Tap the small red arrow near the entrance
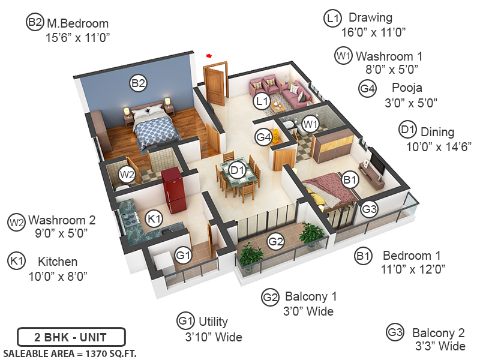pos(209,56)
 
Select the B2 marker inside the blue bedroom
pos(139,83)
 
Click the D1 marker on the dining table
pos(238,170)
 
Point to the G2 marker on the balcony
pos(275,242)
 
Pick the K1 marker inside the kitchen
pos(154,218)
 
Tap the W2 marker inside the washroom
pos(127,175)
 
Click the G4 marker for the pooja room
pos(264,137)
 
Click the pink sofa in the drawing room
pos(293,94)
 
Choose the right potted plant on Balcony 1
pos(311,234)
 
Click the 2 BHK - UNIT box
pos(71,336)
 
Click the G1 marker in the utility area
pos(184,256)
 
